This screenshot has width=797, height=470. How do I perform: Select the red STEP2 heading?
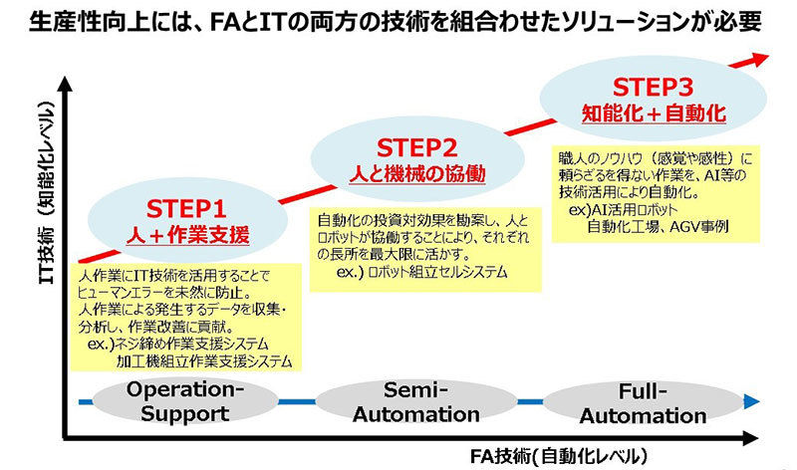pos(417,148)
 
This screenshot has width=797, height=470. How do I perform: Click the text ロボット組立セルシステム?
pos(436,271)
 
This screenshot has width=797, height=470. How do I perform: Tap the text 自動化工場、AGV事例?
pos(659,226)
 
